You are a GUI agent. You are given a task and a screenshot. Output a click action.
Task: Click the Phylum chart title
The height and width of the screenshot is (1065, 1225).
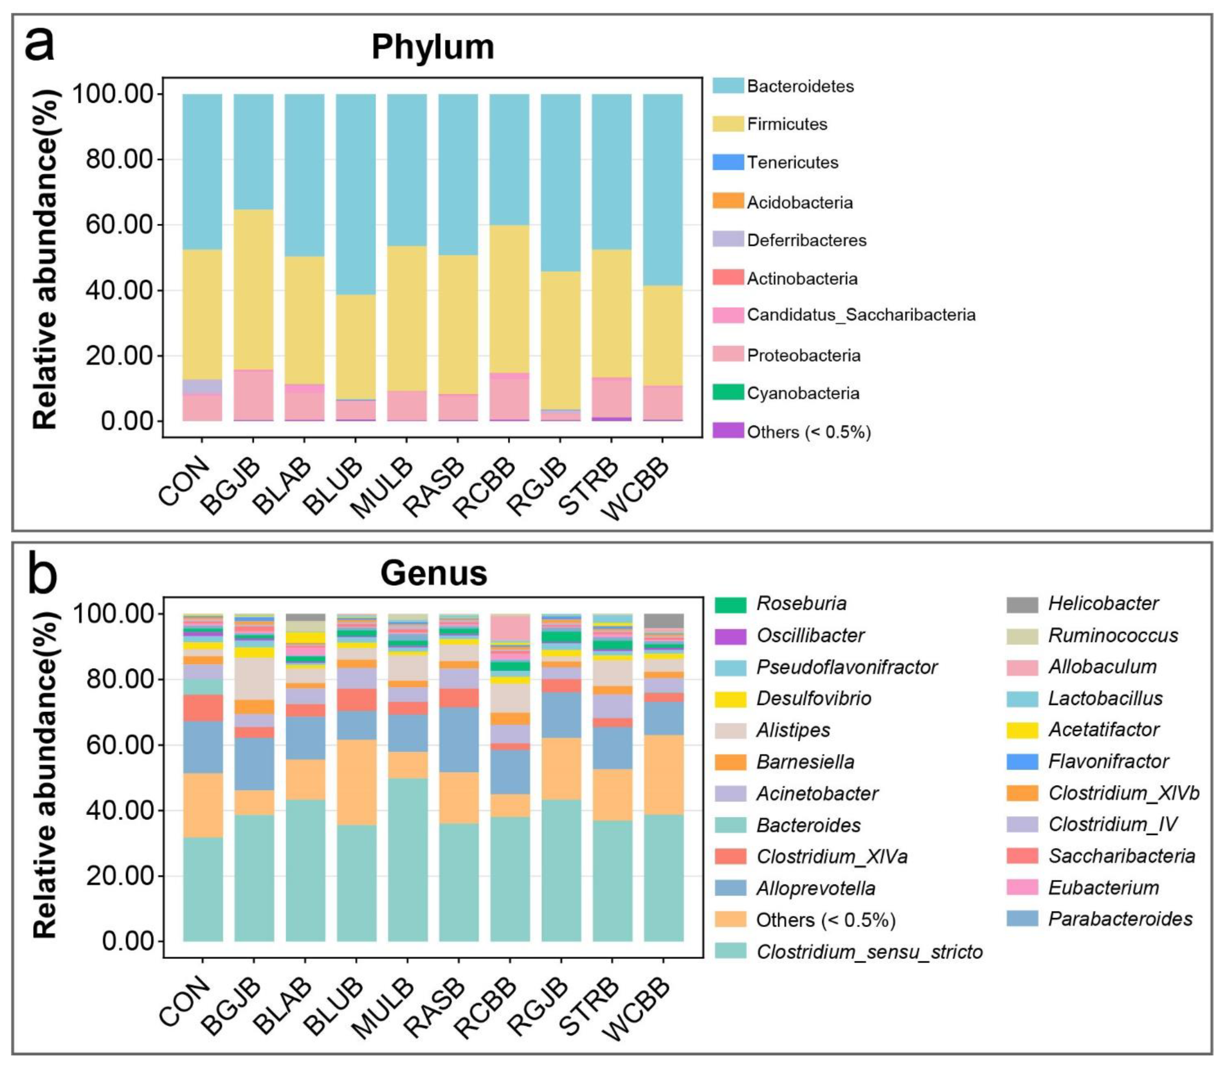(433, 47)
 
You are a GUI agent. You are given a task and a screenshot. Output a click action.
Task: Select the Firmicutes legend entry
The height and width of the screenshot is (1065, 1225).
(786, 124)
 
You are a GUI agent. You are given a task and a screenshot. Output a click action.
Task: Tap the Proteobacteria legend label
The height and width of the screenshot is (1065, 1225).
(803, 355)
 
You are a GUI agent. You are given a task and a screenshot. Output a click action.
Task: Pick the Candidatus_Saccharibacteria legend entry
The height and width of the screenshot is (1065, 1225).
(860, 314)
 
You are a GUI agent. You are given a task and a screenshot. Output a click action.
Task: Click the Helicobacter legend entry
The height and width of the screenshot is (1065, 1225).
(1103, 604)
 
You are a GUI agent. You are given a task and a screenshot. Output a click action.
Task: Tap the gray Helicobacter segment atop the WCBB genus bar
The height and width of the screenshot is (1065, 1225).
(663, 620)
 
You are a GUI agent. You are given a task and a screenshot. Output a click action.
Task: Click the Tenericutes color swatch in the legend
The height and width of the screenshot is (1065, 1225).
(728, 162)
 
